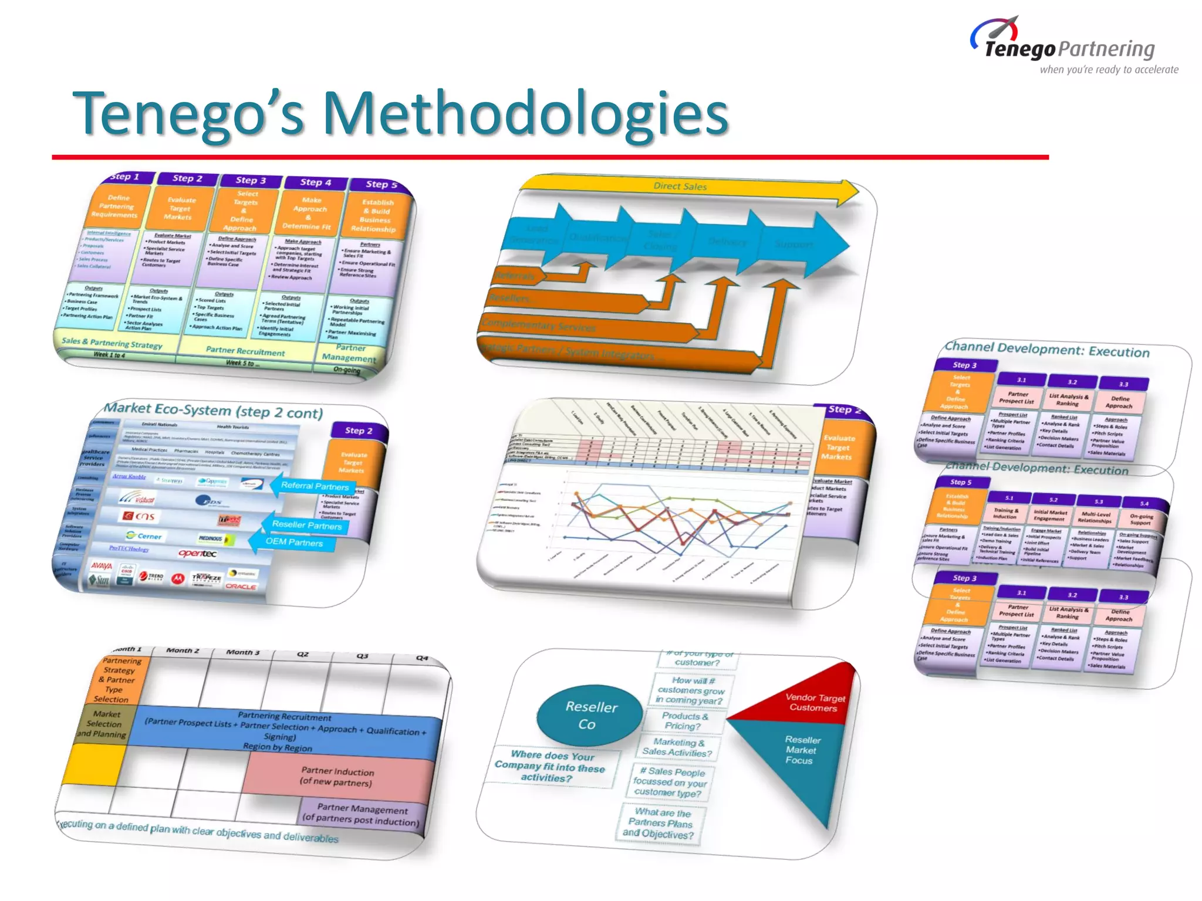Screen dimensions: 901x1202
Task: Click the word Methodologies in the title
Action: tap(525, 114)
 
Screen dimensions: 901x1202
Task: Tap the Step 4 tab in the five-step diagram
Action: tap(316, 182)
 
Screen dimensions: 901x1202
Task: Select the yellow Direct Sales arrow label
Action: tap(680, 187)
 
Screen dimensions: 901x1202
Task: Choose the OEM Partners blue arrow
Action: tap(293, 541)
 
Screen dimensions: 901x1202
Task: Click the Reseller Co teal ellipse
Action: tap(589, 715)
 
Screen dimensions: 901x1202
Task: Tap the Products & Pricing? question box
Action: tap(684, 721)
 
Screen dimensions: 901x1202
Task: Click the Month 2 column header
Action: tap(183, 651)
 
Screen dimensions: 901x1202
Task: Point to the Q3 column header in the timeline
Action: tap(362, 656)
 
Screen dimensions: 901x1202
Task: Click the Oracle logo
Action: tap(241, 586)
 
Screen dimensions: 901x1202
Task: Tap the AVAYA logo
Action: tap(102, 566)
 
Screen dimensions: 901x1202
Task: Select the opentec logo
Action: tap(197, 553)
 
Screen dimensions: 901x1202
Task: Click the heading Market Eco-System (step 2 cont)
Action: tap(213, 410)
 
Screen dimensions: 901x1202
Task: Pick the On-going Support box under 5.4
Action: tap(1141, 520)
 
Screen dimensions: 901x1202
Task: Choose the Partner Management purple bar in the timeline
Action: tap(362, 814)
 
